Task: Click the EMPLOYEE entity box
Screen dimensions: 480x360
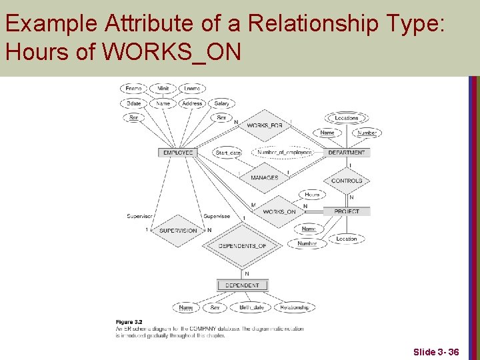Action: tap(178, 153)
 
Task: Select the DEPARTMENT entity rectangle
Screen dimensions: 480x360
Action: tap(347, 153)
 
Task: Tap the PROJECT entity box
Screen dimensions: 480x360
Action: tap(347, 211)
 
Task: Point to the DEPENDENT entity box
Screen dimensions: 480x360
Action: tap(242, 285)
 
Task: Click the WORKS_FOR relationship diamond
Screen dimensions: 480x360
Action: tap(265, 126)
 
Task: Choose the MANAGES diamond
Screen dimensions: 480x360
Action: tap(265, 178)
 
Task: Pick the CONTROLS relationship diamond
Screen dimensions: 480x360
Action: tap(347, 181)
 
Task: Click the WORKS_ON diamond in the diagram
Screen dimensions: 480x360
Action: tap(279, 212)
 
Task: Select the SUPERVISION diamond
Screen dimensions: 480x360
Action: tap(178, 231)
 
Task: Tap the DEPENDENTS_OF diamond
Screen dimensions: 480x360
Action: tap(242, 246)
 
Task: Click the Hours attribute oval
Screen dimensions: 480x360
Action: tap(312, 195)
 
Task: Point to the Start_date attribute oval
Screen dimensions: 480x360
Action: tap(229, 153)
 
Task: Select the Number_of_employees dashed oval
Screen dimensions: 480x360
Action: tap(285, 153)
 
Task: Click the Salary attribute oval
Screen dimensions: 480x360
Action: tap(222, 103)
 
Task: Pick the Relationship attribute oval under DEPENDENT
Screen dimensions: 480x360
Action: tap(294, 307)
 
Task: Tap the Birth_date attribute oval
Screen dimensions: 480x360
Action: tap(251, 307)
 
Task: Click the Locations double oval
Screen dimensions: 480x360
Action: tap(347, 118)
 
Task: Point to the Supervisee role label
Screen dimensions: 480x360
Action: tap(217, 216)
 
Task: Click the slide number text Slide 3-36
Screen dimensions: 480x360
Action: tap(436, 351)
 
